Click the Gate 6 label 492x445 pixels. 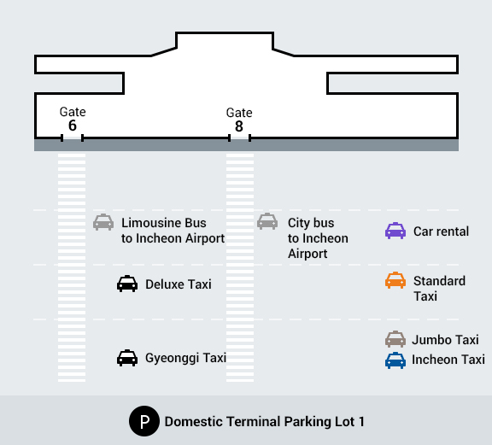click(73, 119)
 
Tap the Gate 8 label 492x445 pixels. click(239, 120)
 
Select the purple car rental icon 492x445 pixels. click(395, 231)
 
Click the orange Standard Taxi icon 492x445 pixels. click(395, 280)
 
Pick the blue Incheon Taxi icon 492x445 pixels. click(395, 360)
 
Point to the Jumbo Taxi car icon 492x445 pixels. click(395, 339)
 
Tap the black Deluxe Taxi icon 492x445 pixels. click(127, 284)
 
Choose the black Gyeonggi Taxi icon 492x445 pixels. click(127, 358)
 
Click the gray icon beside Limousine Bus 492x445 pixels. click(103, 222)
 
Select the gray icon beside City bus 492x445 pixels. click(267, 221)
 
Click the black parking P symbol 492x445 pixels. click(144, 421)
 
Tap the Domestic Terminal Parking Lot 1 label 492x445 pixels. click(265, 421)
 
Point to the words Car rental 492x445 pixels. click(441, 231)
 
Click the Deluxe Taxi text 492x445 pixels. click(179, 284)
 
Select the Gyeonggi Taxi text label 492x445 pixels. click(185, 358)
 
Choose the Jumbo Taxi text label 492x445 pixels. click(445, 340)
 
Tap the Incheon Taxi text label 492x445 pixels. click(448, 360)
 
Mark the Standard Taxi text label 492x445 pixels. click(439, 289)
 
